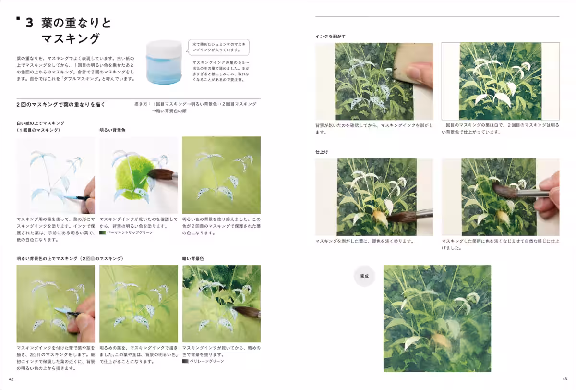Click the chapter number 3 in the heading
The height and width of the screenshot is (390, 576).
tap(30, 23)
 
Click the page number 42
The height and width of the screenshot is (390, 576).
tap(12, 379)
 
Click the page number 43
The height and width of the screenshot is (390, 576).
tap(564, 379)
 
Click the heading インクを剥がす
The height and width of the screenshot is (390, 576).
tap(330, 36)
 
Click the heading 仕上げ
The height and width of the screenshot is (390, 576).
tap(322, 152)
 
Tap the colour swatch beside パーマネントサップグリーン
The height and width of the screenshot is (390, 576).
tap(102, 232)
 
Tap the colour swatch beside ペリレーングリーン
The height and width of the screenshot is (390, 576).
tap(185, 361)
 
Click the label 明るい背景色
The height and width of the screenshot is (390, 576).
tap(112, 130)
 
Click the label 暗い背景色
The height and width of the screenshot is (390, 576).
tap(193, 258)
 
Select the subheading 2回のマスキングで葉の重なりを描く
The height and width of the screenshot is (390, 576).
tap(61, 104)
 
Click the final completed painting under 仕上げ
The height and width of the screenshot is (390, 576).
tap(437, 318)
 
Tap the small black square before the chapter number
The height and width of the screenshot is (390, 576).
tap(18, 19)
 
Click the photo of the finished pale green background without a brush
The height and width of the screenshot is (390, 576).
tap(221, 175)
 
